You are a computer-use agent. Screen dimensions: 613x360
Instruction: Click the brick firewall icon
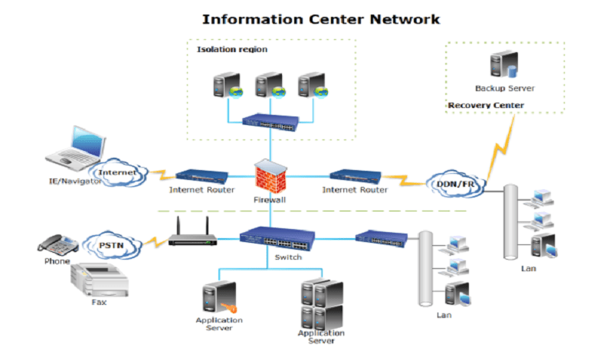point(270,176)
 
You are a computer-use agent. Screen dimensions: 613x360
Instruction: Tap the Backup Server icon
point(504,64)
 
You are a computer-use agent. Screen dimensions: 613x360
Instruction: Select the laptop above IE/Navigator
point(76,148)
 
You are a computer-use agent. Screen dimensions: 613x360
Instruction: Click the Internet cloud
point(117,173)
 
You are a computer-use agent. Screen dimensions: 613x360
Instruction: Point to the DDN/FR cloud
point(455,184)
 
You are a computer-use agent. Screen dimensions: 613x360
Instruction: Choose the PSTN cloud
point(112,245)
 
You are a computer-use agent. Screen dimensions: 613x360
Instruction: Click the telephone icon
point(58,245)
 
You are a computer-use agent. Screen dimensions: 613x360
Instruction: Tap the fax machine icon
point(100,280)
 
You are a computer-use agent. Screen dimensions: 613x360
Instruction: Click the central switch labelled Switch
point(277,238)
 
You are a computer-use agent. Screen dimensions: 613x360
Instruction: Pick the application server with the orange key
point(219,297)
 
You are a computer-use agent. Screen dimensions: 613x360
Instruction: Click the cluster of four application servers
point(322,305)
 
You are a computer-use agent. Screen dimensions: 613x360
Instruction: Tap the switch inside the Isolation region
point(270,122)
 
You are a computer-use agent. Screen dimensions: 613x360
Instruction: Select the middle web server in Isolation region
point(270,85)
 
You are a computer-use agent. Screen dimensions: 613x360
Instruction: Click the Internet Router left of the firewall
point(202,177)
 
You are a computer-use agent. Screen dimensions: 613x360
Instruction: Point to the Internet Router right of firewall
point(356,177)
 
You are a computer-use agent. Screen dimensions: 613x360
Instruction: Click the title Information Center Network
point(321,19)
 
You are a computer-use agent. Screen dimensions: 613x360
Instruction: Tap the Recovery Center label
point(486,105)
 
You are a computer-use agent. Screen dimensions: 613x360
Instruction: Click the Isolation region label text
point(232,49)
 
